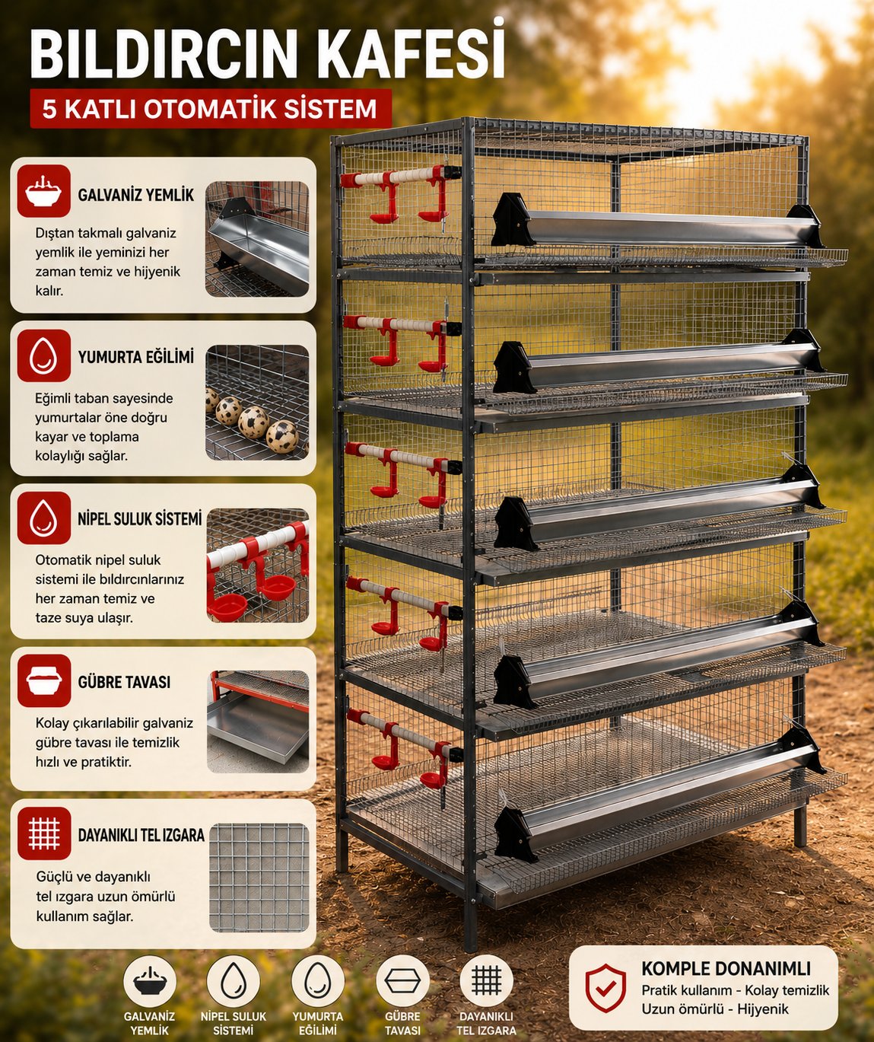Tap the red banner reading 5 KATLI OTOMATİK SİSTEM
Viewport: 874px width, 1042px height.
[211, 109]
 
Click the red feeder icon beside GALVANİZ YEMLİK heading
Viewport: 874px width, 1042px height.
[44, 190]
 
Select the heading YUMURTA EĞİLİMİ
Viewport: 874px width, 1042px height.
[135, 357]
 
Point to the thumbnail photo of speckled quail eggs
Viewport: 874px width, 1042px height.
[257, 402]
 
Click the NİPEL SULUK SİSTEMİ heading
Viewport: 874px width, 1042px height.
[140, 519]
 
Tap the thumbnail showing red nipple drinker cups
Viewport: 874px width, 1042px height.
[257, 566]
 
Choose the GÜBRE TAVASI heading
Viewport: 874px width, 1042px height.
[124, 682]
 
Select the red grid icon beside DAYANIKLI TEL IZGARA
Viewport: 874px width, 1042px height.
[44, 833]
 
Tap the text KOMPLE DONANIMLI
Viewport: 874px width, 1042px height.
[726, 969]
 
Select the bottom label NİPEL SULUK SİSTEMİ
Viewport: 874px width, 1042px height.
[234, 1024]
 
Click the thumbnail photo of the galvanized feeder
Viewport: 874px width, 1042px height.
[257, 239]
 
